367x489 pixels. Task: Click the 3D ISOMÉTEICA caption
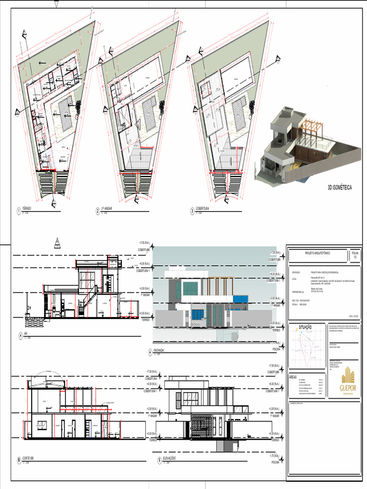339,188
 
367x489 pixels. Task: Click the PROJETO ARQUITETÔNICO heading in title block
317,253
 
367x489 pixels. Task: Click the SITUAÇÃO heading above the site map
305,327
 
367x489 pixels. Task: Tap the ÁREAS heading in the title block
293,377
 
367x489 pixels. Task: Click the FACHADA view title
159,351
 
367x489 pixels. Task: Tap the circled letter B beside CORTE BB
19,460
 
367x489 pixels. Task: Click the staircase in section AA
88,303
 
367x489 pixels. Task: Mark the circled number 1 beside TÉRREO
18,211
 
